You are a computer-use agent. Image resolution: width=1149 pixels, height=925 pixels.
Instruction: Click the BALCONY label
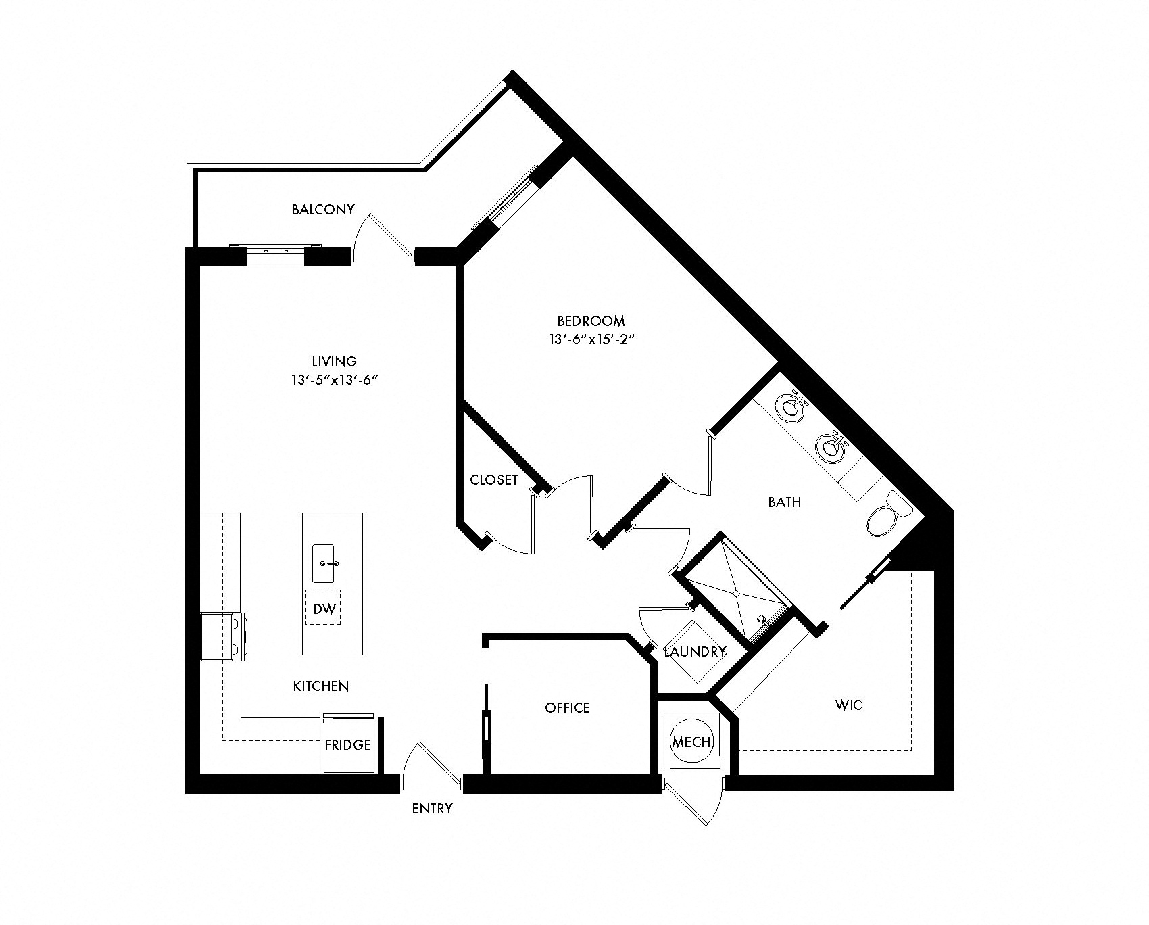click(x=322, y=210)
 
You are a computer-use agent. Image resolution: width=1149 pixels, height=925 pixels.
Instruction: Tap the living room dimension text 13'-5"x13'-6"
click(x=330, y=381)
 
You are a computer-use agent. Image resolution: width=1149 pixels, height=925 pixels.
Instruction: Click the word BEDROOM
click(x=591, y=321)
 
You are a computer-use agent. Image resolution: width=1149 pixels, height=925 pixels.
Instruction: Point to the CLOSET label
click(x=493, y=480)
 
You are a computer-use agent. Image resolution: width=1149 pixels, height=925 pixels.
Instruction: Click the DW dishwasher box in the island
click(x=324, y=609)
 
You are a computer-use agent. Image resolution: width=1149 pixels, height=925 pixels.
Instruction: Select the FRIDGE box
click(x=347, y=744)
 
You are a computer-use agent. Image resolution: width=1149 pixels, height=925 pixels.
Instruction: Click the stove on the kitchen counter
click(x=224, y=636)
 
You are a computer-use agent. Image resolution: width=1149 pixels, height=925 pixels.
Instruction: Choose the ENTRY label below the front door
click(x=432, y=809)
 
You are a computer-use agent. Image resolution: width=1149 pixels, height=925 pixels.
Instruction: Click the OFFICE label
click(x=567, y=707)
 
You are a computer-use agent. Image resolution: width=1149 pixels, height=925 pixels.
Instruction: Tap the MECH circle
click(x=691, y=742)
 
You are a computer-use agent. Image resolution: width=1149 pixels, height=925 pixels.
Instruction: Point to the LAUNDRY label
click(x=694, y=652)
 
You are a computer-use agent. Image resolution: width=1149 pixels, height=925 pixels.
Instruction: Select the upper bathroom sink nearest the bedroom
click(x=791, y=408)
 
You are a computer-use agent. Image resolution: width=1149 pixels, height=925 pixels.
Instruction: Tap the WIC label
click(x=848, y=705)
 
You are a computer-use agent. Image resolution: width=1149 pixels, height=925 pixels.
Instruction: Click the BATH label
click(x=784, y=502)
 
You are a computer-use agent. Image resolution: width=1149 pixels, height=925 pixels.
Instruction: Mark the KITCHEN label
click(x=320, y=686)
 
